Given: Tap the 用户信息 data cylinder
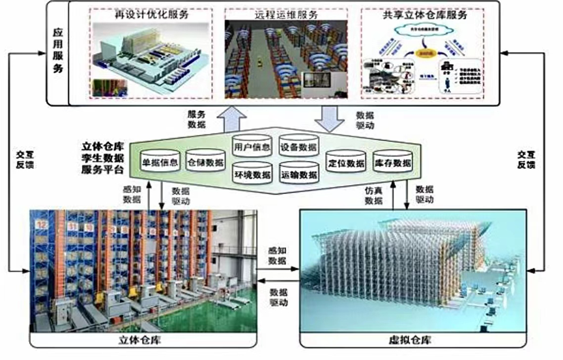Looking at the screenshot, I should pos(251,146).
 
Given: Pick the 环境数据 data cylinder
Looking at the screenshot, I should pos(251,173).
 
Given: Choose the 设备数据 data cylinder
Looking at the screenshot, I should pos(298,146).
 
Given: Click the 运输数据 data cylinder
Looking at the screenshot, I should pos(298,173).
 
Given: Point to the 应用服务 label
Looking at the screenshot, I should pos(57,52).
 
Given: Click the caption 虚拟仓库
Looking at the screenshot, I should pos(416,340).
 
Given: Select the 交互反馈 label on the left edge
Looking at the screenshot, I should pos(25,160).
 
